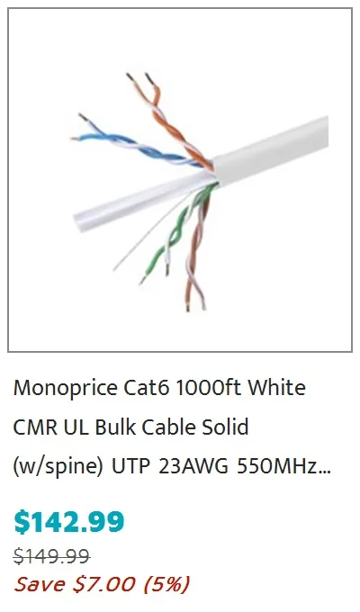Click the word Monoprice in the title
pyautogui.click(x=65, y=389)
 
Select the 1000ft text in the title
pyautogui.click(x=208, y=388)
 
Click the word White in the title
pyautogui.click(x=276, y=388)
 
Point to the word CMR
pyautogui.click(x=35, y=427)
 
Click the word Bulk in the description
pyautogui.click(x=115, y=427)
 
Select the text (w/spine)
pyautogui.click(x=58, y=467)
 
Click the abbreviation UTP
pyautogui.click(x=131, y=467)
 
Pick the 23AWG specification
pyautogui.click(x=193, y=467)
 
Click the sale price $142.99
pyautogui.click(x=69, y=522)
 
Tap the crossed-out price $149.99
pyautogui.click(x=52, y=556)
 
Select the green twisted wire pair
pyautogui.click(x=176, y=230)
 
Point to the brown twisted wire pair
pyautogui.click(x=196, y=250)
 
